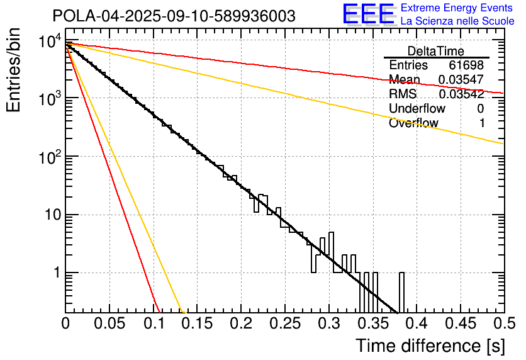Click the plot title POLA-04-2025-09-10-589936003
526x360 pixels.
click(174, 16)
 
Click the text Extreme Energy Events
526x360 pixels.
click(457, 8)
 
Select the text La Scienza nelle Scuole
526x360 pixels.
click(457, 21)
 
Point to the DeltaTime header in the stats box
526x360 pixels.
click(436, 51)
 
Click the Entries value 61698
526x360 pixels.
click(466, 65)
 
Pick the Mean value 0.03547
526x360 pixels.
click(461, 80)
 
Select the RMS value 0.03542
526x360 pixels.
click(461, 94)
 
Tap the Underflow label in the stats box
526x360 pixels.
click(417, 109)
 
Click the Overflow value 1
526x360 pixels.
click(482, 123)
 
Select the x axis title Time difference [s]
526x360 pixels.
click(429, 346)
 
